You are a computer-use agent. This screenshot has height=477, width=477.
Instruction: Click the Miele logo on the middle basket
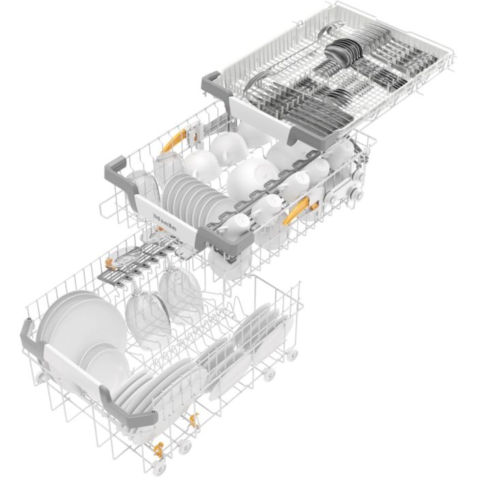pyautogui.click(x=165, y=222)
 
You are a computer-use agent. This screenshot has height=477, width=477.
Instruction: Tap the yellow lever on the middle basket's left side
pyautogui.click(x=174, y=140)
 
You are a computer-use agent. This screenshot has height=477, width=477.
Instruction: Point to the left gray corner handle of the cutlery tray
pyautogui.click(x=213, y=84)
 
